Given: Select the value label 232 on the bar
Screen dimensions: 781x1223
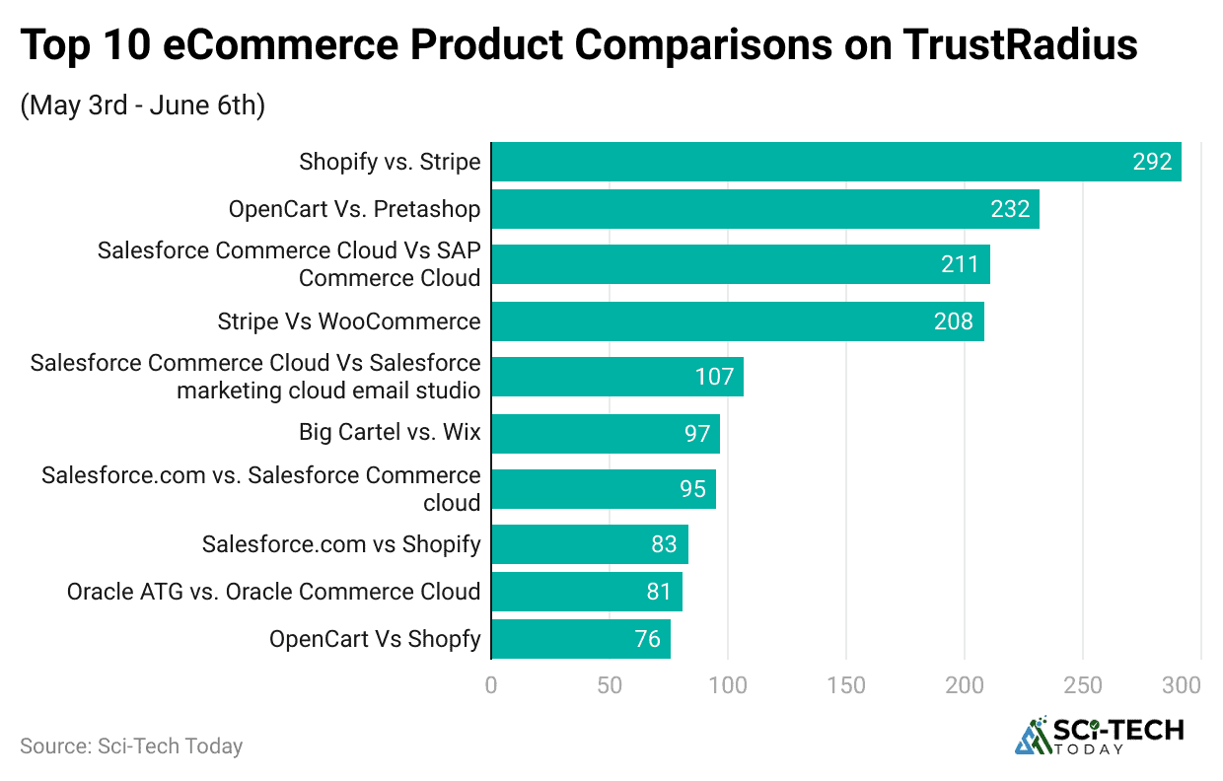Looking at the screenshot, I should [x=1010, y=209].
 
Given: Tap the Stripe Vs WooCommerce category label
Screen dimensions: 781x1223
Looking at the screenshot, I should [x=349, y=321].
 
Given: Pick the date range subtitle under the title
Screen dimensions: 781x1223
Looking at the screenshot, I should [x=142, y=105].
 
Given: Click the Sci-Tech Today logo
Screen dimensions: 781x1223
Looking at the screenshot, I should [x=1100, y=736].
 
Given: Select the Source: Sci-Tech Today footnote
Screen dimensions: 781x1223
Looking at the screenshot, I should [x=131, y=746].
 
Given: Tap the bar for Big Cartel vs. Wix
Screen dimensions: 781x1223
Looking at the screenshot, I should [x=605, y=434].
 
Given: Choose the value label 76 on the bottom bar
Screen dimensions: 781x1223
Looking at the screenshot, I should [x=647, y=639].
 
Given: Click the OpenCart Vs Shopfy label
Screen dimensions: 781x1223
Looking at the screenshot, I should [x=375, y=639].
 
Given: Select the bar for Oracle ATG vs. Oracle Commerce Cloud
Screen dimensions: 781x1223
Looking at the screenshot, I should [x=586, y=592].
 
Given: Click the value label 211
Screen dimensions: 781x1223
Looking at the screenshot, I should [x=960, y=264].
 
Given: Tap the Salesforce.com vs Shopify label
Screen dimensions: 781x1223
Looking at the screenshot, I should [x=341, y=544].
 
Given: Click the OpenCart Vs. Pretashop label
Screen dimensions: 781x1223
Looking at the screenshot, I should [x=354, y=209].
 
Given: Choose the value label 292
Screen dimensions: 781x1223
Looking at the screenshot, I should [x=1151, y=162].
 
